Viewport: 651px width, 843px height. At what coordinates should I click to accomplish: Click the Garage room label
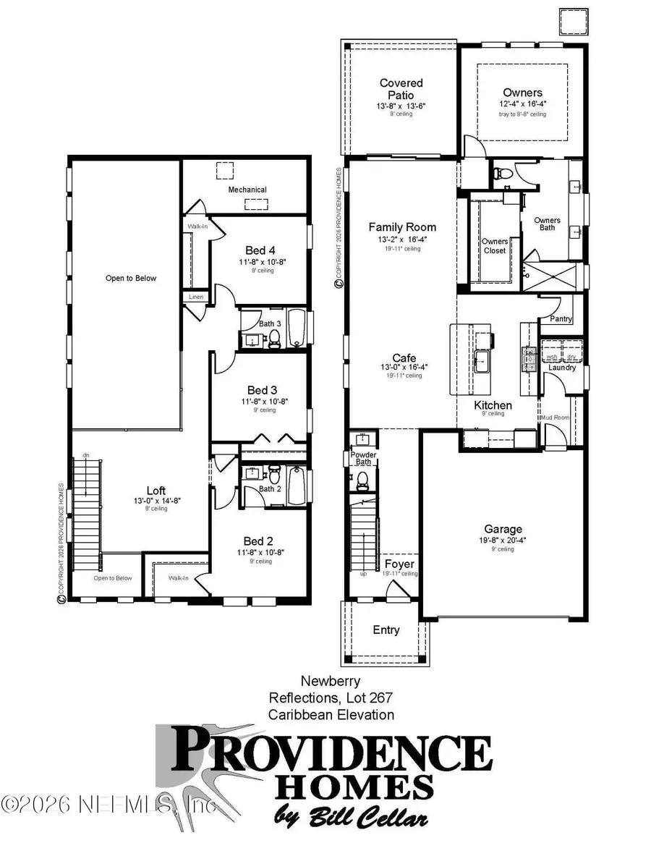[x=503, y=529]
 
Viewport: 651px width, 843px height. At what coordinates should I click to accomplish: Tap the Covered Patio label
[x=401, y=89]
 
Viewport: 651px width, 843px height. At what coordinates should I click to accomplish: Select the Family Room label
[x=402, y=227]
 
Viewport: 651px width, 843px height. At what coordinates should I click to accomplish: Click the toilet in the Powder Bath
[x=362, y=478]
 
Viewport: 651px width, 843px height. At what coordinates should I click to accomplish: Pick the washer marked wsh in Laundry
[x=551, y=357]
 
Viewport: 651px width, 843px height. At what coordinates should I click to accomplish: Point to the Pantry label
[x=561, y=318]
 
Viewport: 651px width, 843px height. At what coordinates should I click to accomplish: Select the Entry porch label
[x=386, y=630]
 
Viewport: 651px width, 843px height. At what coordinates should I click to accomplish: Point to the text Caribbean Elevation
[x=331, y=714]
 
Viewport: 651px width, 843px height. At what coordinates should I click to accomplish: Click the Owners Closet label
[x=495, y=246]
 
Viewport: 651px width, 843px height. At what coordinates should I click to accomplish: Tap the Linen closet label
[x=196, y=297]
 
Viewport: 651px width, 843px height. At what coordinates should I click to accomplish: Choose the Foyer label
[x=399, y=564]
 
